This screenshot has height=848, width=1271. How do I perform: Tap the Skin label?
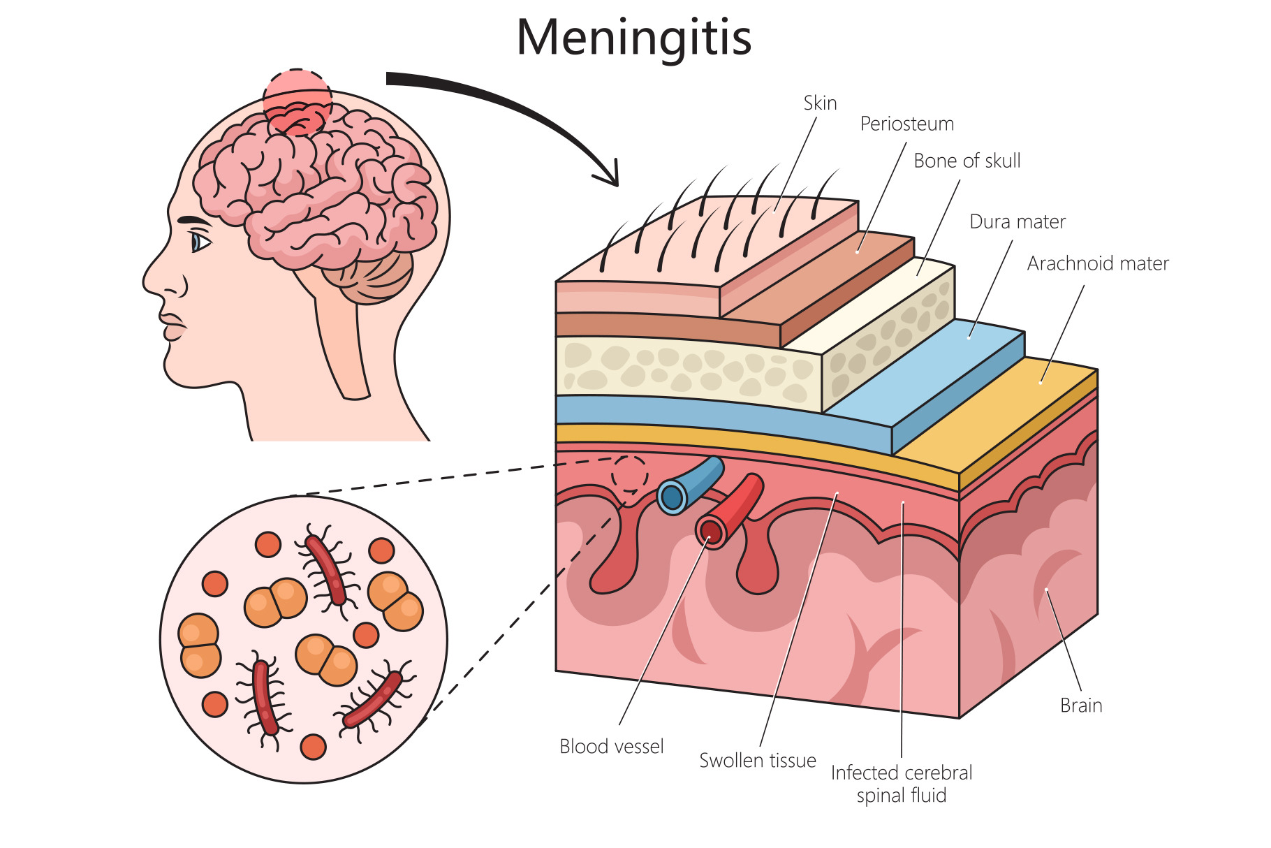pyautogui.click(x=820, y=103)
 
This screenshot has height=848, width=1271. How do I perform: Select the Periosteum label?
pyautogui.click(x=906, y=124)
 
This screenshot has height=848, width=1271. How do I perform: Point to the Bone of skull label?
pyautogui.click(x=967, y=161)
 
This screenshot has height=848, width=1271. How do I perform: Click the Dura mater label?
pyautogui.click(x=1017, y=222)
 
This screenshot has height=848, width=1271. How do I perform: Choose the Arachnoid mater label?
pyautogui.click(x=1097, y=264)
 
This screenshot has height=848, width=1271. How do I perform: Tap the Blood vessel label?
pyautogui.click(x=611, y=747)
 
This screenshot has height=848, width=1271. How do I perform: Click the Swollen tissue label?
pyautogui.click(x=757, y=761)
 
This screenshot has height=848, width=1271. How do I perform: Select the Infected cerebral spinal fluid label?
pyautogui.click(x=901, y=784)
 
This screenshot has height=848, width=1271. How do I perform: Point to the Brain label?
pyautogui.click(x=1080, y=706)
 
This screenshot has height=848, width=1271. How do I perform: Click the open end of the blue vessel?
pyautogui.click(x=672, y=497)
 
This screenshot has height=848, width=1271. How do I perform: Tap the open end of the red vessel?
pyautogui.click(x=711, y=532)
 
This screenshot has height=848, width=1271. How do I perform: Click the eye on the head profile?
pyautogui.click(x=200, y=242)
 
